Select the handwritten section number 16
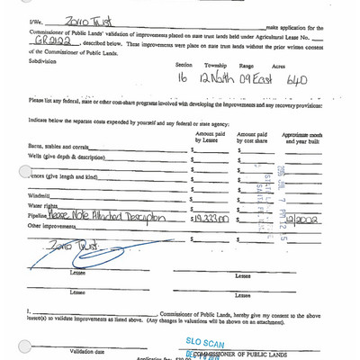point(184,79)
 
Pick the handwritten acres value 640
point(294,80)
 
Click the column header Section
point(184,65)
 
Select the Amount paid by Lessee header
point(210,137)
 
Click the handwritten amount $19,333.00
point(211,218)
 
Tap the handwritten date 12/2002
point(301,217)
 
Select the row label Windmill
point(40,195)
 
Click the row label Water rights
point(45,207)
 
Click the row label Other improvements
point(56,229)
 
